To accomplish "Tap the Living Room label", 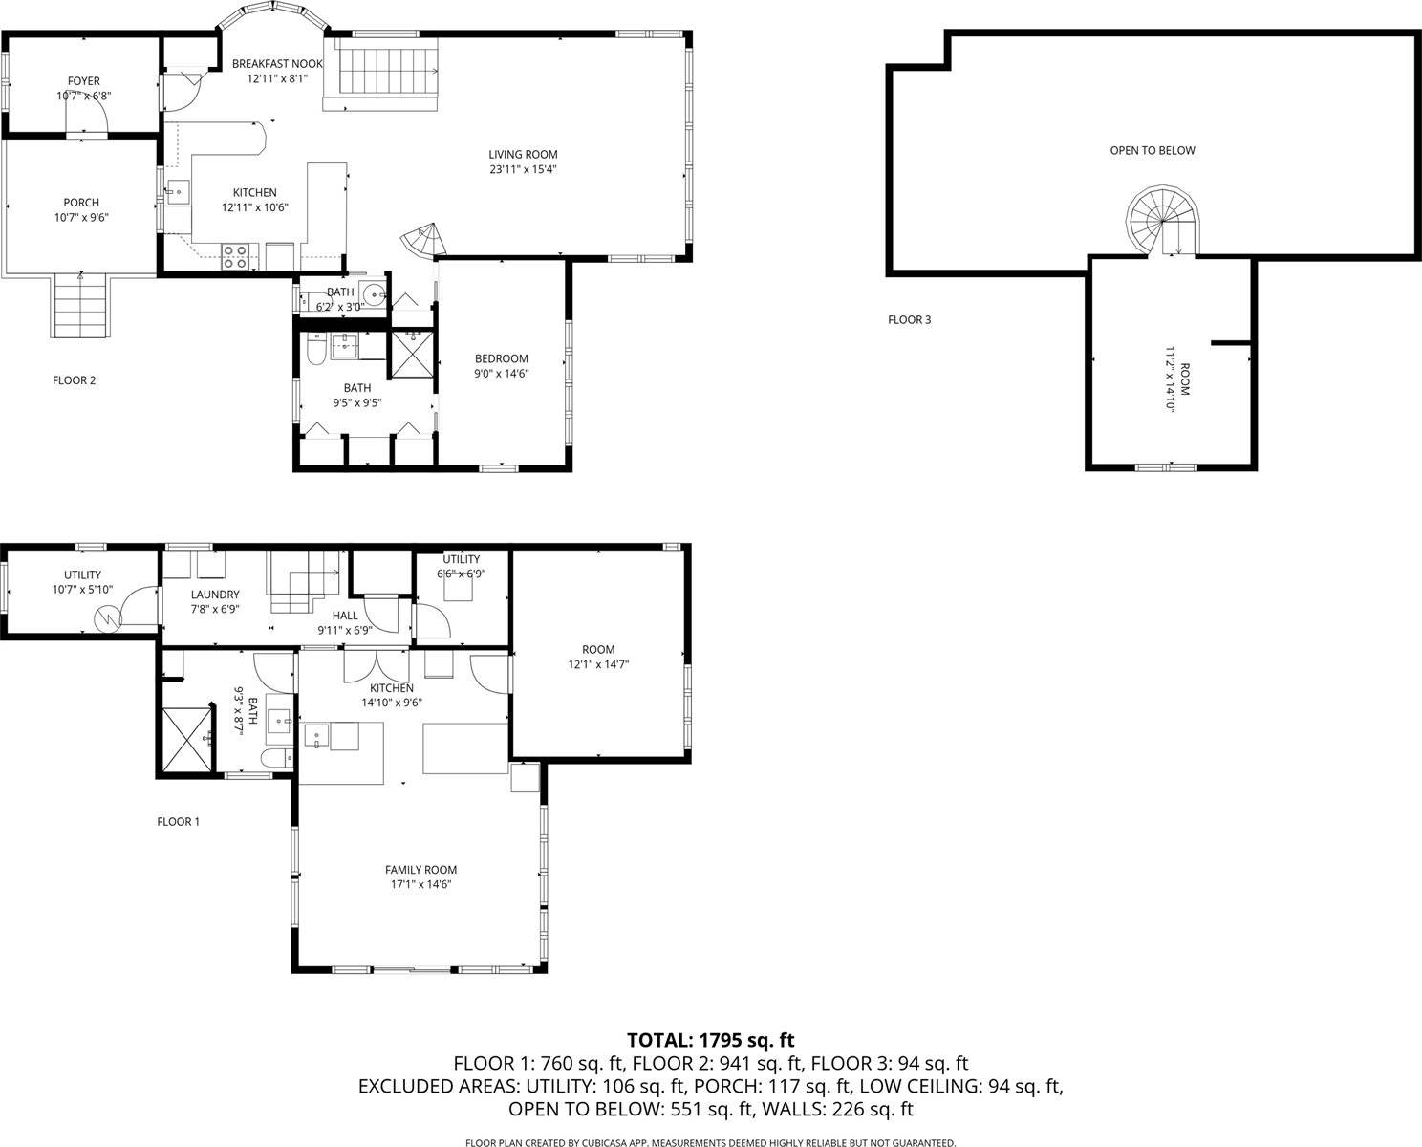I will [523, 155].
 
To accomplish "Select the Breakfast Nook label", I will [277, 64].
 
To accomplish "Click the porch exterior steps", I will [79, 304].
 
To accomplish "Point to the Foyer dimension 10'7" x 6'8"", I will [84, 96].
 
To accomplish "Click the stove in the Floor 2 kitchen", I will [236, 254].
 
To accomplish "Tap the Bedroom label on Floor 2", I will [501, 359].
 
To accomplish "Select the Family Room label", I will [420, 870].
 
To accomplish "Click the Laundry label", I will [214, 595].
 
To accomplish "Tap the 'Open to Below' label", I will [1152, 150].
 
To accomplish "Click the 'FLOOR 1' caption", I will [178, 821].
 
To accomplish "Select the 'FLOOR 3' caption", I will [909, 320].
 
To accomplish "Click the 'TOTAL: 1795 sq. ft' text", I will [710, 1040].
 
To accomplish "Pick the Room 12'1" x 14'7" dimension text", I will [598, 664].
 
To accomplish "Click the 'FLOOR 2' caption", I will [74, 380].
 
